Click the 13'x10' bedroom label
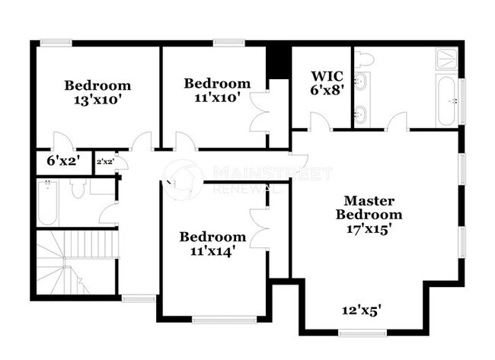pyautogui.click(x=97, y=92)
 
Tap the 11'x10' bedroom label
pyautogui.click(x=217, y=91)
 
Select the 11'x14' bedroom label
pyautogui.click(x=212, y=244)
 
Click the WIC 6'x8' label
pyautogui.click(x=328, y=81)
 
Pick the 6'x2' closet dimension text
pyautogui.click(x=63, y=161)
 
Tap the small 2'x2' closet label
pyautogui.click(x=105, y=161)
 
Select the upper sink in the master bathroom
pyautogui.click(x=360, y=82)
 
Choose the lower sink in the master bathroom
pyautogui.click(x=360, y=115)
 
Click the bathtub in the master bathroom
pyautogui.click(x=447, y=100)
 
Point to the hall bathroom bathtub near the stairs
pyautogui.click(x=47, y=203)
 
